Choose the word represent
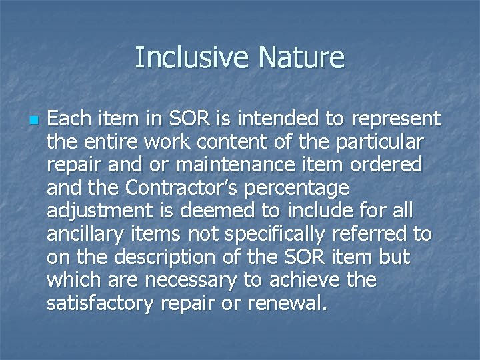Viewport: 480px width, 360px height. point(393,119)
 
